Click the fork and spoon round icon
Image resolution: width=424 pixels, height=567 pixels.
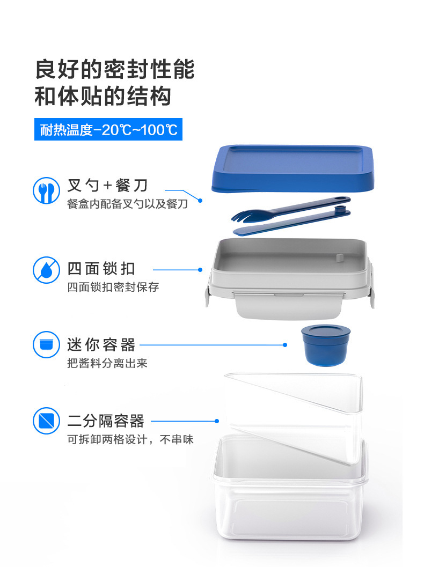47,191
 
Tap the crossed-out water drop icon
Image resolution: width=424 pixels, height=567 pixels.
47,270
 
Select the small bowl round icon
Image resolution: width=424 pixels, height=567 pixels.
47,345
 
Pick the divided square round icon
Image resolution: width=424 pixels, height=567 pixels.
47,421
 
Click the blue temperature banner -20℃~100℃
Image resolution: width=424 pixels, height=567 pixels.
108,129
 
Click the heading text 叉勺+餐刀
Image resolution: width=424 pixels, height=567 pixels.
107,186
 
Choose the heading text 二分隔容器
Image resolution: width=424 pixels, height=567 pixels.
106,421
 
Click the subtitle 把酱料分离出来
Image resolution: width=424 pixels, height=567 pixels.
107,363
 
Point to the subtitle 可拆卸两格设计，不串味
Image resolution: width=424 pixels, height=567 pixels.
130,440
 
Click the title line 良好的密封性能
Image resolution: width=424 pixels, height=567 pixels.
114,70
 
